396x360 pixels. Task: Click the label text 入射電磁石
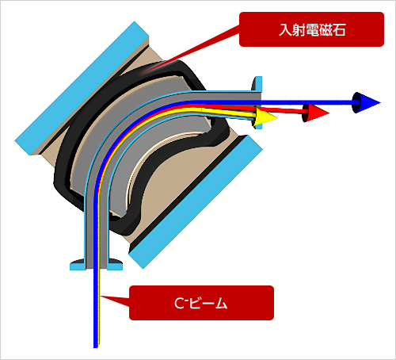(312, 29)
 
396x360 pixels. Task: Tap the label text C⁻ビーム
(201, 303)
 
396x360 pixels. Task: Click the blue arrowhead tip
(380, 102)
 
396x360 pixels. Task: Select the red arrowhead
(318, 113)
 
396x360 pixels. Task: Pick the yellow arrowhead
(266, 117)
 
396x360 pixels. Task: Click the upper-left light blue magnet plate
(82, 88)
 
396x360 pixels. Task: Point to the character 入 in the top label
(285, 29)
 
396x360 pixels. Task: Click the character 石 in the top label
(339, 30)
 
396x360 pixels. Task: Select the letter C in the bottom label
(179, 304)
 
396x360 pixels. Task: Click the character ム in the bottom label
(221, 304)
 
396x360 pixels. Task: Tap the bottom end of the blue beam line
(96, 347)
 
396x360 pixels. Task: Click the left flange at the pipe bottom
(78, 265)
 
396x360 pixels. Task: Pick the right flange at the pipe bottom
(115, 265)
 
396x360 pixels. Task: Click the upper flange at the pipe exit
(257, 84)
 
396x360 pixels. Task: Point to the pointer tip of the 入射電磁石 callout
(140, 73)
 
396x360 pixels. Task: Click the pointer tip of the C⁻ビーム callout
(101, 297)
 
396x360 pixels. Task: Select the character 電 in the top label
(312, 30)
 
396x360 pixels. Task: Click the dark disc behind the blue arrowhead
(356, 102)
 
